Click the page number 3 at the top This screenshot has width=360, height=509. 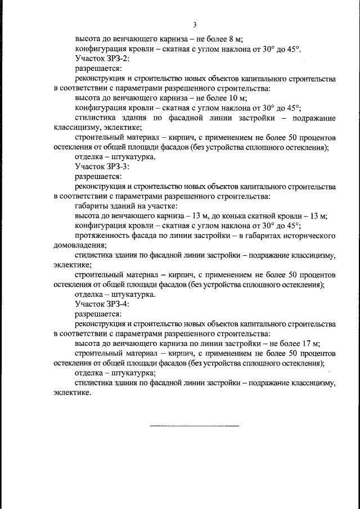point(195,24)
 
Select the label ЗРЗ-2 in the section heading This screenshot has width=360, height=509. point(118,58)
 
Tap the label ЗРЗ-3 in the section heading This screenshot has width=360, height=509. point(118,167)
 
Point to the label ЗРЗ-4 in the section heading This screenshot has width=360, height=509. point(118,304)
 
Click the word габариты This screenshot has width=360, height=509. point(93,206)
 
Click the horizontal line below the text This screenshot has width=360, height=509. point(195,426)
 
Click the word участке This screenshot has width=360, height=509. point(161,206)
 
